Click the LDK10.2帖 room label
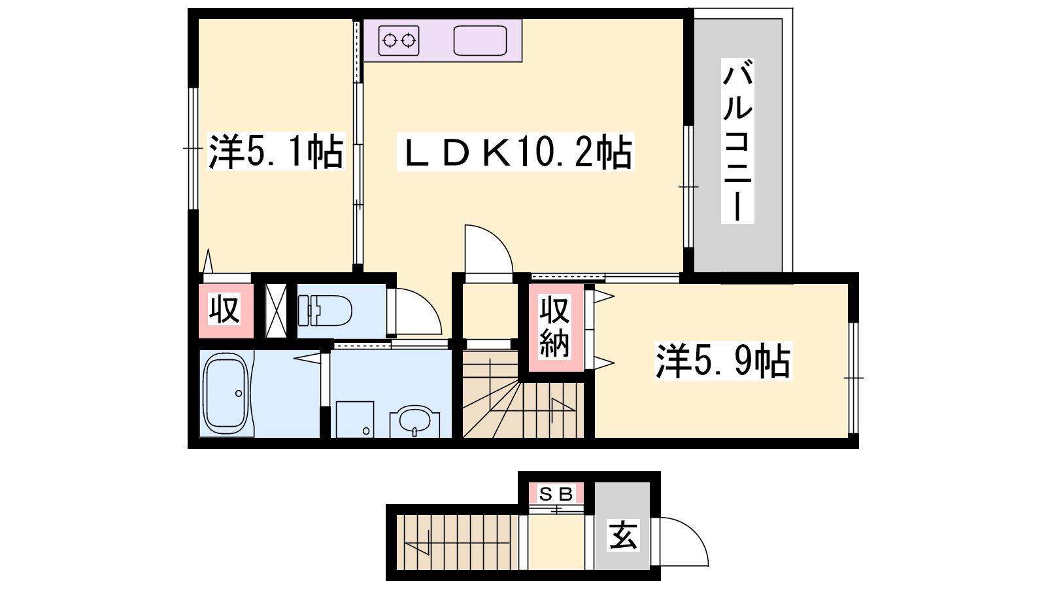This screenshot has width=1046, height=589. point(516,151)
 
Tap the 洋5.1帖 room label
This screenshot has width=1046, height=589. point(276,151)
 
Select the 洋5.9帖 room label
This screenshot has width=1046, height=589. point(723,361)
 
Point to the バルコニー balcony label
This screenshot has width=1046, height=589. point(737,141)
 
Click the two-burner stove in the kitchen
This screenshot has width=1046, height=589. point(399,41)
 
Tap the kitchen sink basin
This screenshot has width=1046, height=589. point(480,41)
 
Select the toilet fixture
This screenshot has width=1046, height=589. point(325,310)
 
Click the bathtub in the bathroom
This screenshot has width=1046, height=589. point(226,393)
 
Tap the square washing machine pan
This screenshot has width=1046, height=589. point(355,419)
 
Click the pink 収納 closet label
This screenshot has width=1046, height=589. point(555,326)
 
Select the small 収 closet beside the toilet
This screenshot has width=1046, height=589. point(225,309)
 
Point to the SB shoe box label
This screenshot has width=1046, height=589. point(556,493)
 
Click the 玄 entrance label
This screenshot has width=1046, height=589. point(623,535)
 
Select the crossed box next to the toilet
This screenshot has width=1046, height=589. point(276,310)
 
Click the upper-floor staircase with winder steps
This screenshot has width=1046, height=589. point(523,395)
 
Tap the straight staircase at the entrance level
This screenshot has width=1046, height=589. point(458,543)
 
